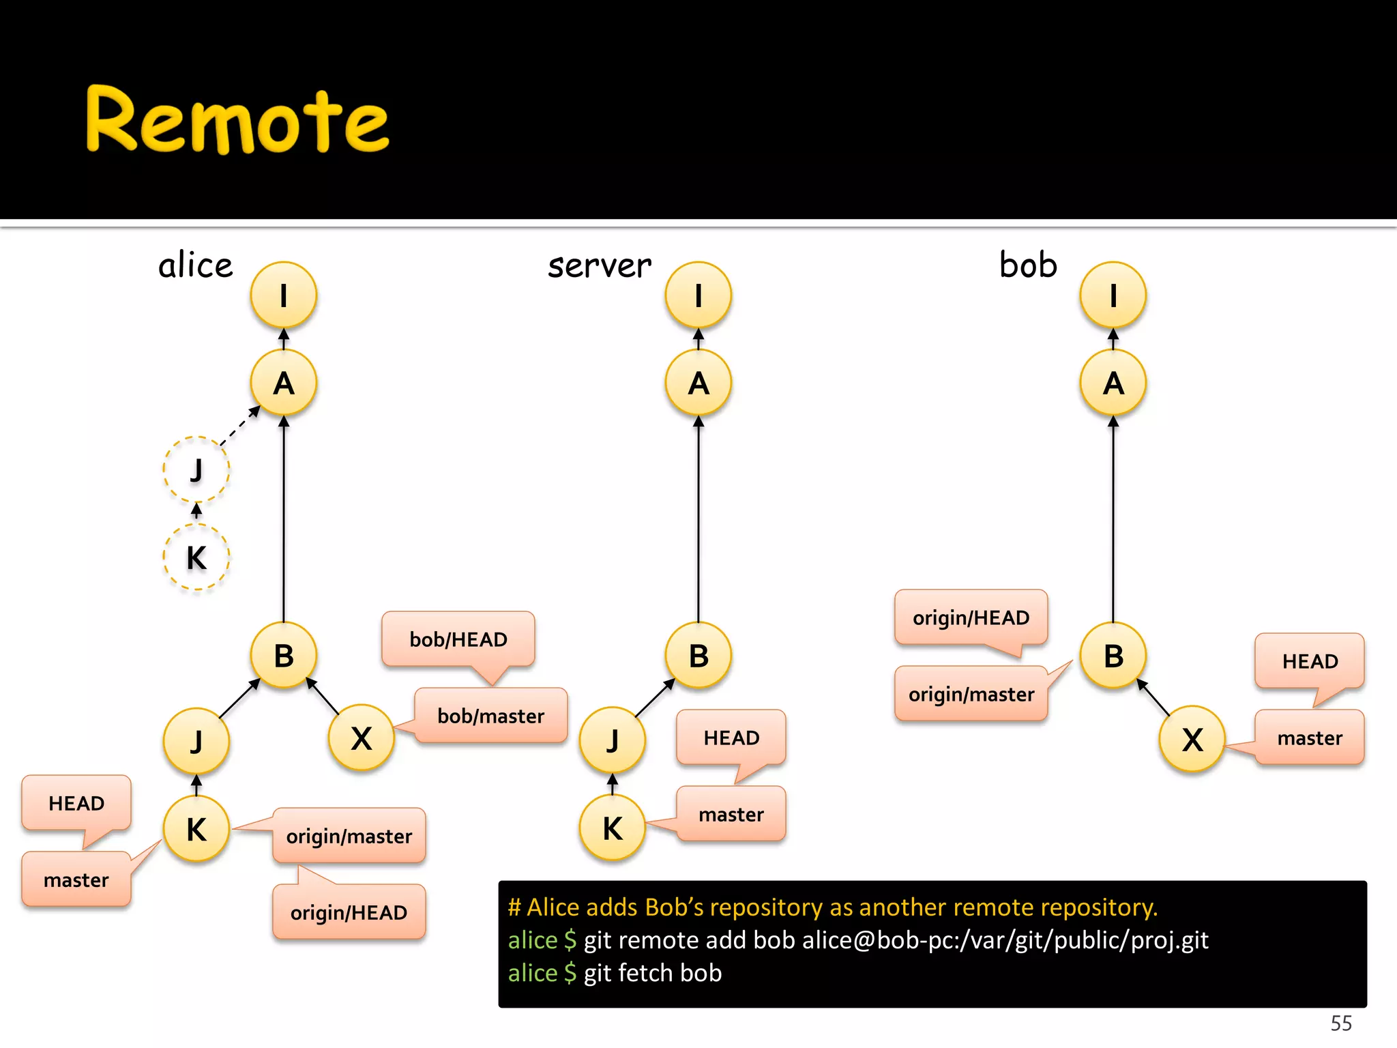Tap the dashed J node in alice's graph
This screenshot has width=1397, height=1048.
point(196,469)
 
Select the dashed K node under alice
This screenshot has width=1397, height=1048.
point(196,557)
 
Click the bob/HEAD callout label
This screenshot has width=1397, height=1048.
point(458,639)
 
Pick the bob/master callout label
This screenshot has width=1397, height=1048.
point(490,716)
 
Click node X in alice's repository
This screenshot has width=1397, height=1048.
point(362,738)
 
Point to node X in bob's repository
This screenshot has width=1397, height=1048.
point(1192,740)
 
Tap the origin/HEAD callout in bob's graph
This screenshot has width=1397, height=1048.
point(971,617)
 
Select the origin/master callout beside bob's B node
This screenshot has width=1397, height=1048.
point(971,694)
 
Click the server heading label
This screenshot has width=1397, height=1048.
point(600,265)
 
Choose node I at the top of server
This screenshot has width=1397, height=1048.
point(698,295)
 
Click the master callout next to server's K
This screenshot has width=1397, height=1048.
point(731,814)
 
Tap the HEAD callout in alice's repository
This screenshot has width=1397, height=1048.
point(76,803)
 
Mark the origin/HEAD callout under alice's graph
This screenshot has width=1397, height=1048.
point(349,912)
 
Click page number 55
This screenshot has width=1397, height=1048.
point(1341,1023)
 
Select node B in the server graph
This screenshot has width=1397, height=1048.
point(698,656)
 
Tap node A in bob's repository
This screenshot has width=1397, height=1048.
point(1113,383)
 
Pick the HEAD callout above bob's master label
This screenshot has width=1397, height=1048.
point(1310,661)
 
